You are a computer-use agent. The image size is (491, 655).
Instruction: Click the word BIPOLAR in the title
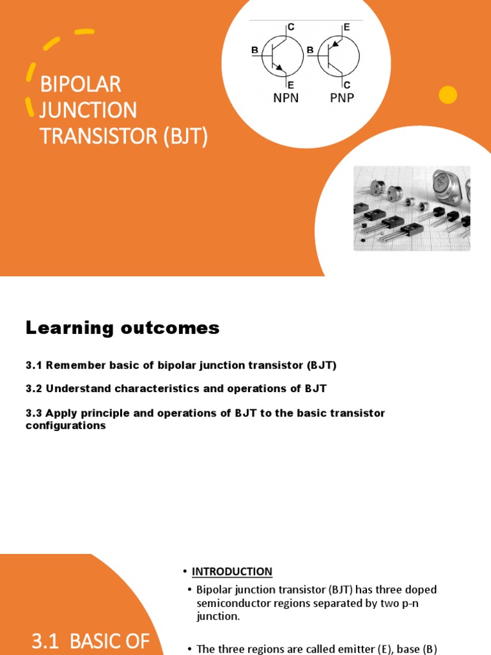coord(81,84)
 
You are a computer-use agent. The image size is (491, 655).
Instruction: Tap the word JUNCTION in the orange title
coord(88,111)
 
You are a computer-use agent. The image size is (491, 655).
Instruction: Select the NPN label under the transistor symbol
coord(286,99)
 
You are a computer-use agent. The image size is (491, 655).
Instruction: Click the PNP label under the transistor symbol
coord(342,99)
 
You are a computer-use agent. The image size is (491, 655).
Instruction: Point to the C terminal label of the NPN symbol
coord(291,27)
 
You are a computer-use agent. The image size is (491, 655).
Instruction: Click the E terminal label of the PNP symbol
coord(347,27)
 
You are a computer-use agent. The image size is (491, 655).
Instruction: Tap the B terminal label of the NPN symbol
coord(255,50)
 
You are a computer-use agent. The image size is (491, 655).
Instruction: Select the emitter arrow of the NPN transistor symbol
coord(280,68)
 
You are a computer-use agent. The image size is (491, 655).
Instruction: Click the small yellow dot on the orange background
coord(448,95)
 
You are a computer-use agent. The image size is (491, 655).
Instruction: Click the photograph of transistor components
coord(412,209)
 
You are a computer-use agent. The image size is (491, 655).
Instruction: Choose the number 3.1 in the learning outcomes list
coord(33,365)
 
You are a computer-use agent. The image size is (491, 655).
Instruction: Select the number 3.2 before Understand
coord(33,389)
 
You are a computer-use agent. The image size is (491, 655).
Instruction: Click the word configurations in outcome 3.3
coord(66,425)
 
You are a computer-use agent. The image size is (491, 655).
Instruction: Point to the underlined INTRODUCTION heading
coord(232,571)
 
